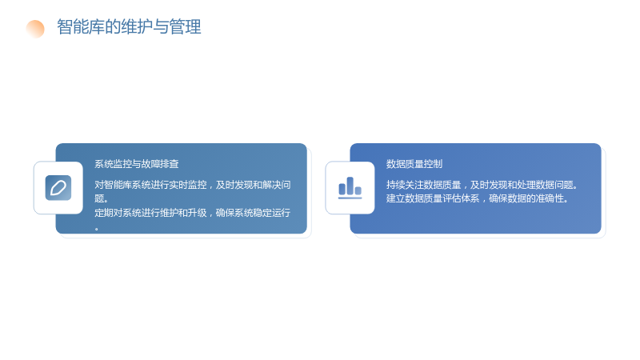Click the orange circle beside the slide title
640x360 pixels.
coord(35,29)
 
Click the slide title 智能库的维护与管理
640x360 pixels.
coord(129,27)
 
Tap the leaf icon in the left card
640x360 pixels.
coord(58,188)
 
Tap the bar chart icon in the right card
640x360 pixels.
coord(350,188)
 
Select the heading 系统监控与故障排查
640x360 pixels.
coord(137,164)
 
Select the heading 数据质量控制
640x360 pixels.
coord(414,164)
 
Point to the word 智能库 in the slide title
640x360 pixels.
coord(81,27)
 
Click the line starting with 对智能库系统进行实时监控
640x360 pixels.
coord(193,185)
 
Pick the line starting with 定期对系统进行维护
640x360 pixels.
coord(193,213)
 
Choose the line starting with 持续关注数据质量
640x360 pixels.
coord(482,185)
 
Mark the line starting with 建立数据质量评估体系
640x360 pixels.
coord(477,198)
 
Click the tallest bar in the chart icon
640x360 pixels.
coord(350,186)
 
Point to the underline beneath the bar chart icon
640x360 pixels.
coord(350,198)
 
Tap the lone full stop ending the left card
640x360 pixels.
coord(97,229)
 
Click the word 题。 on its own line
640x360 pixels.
coord(102,198)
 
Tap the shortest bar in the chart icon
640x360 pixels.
coord(358,190)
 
